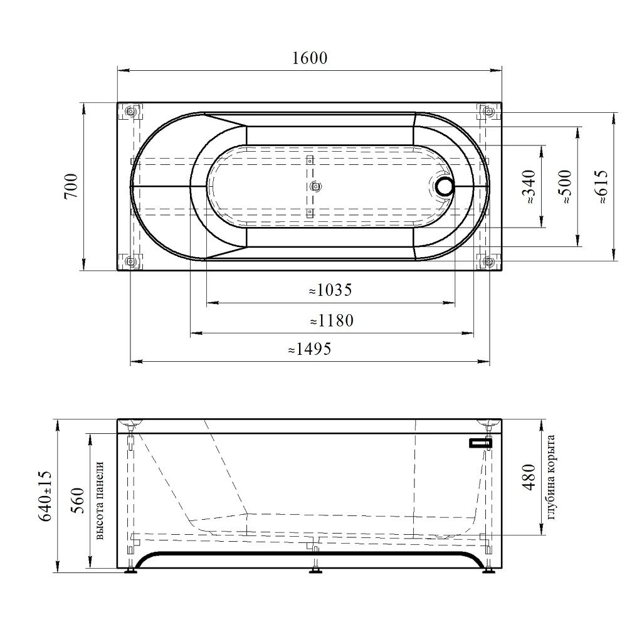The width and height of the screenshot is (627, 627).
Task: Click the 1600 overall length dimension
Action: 310,58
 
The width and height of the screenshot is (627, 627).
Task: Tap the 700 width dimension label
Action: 71,186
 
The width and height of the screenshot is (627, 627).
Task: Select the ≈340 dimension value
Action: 529,186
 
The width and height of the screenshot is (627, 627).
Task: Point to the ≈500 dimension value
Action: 565,187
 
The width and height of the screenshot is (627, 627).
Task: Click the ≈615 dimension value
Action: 601,187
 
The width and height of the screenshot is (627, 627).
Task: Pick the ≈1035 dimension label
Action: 330,290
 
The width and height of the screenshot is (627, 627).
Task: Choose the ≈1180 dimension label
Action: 332,320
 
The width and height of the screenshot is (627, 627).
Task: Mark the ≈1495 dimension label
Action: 310,349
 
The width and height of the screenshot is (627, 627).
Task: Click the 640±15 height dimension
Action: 45,496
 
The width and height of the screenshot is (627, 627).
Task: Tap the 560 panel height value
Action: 77,500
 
